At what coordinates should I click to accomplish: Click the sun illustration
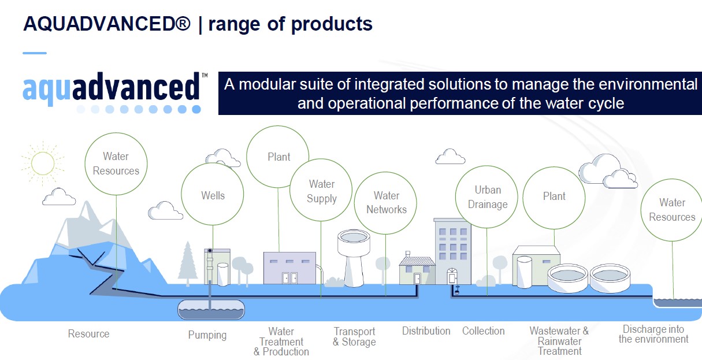[43, 163]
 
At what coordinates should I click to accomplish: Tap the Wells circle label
[213, 195]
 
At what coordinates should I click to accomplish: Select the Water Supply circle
[321, 190]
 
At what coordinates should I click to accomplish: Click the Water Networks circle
[385, 203]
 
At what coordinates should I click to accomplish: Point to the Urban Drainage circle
[486, 197]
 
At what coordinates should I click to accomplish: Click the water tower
[354, 258]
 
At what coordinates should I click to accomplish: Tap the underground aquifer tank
[211, 310]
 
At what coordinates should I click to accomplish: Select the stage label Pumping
[207, 335]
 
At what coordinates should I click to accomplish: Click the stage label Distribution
[426, 331]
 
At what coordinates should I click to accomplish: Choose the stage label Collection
[483, 331]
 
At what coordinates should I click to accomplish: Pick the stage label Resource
[89, 333]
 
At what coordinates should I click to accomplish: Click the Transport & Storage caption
[354, 336]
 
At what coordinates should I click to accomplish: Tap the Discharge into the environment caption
[653, 334]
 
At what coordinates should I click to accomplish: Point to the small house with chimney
[417, 268]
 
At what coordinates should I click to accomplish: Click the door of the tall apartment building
[452, 276]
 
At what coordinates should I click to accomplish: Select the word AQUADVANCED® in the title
[107, 24]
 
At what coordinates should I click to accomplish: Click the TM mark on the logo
[205, 75]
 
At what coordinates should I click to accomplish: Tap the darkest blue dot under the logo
[196, 109]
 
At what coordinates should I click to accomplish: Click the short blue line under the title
[35, 53]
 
